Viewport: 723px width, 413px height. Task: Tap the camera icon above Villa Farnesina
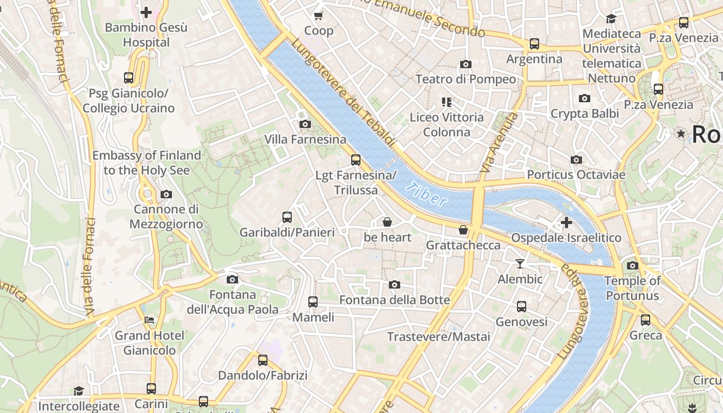point(305,124)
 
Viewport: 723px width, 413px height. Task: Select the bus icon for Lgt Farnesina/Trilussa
point(355,160)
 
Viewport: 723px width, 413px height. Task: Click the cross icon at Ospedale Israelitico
point(567,223)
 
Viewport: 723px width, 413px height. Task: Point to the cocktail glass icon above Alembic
point(520,264)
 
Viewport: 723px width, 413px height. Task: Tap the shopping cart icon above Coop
point(319,15)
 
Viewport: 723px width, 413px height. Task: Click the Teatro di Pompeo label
point(465,79)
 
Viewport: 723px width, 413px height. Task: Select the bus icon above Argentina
point(534,44)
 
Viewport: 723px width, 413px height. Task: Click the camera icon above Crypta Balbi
point(585,98)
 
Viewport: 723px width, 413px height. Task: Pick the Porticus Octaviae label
point(576,174)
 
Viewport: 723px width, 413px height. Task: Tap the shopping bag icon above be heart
point(387,222)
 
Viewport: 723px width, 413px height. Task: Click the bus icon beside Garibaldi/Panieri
point(287,217)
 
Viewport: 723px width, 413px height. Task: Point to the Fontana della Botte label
point(394,299)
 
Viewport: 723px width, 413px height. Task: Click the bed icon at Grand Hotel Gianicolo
point(149,320)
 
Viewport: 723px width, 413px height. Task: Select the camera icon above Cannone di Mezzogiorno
point(166,194)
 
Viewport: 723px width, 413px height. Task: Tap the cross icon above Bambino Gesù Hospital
point(146,12)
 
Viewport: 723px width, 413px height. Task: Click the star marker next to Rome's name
point(681,134)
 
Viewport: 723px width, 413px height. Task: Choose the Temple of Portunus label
point(632,288)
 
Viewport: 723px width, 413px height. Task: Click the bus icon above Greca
point(646,320)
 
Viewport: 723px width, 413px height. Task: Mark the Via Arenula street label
point(499,143)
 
